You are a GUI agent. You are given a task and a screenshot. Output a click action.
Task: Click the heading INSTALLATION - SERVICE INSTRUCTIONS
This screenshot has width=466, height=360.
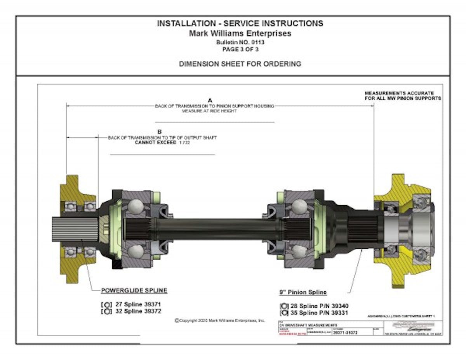click(240, 24)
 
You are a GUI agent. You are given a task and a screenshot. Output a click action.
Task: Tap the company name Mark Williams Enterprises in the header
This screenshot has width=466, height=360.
click(240, 33)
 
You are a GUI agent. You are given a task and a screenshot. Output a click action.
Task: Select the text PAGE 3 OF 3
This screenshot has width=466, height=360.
click(240, 49)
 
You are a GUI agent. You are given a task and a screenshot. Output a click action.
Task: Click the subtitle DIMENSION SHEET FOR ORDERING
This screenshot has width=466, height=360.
click(240, 64)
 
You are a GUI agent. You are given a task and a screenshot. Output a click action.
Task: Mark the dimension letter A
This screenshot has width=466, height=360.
click(210, 100)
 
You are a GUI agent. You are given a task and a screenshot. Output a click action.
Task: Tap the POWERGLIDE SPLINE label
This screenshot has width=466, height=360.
click(134, 290)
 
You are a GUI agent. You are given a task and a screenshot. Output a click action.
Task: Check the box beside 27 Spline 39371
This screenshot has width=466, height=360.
click(104, 305)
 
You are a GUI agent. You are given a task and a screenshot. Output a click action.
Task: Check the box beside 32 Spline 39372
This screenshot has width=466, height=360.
click(104, 311)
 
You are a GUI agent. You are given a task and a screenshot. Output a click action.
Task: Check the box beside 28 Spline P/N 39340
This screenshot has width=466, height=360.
click(283, 306)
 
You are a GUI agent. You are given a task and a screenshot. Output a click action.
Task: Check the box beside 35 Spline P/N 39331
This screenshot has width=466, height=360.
click(283, 313)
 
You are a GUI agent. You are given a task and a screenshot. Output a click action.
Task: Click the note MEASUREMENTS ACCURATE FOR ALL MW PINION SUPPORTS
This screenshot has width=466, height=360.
click(403, 96)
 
